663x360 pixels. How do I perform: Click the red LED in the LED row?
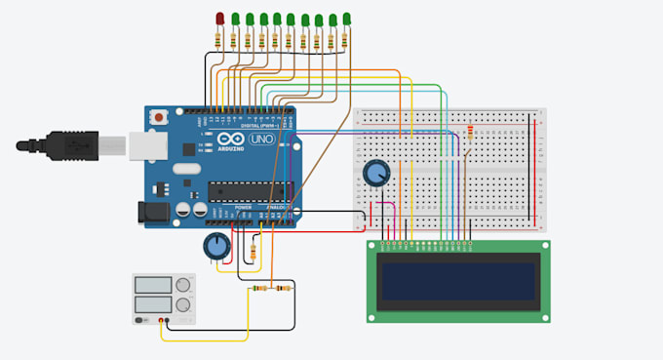point(220,19)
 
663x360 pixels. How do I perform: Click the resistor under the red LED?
point(220,39)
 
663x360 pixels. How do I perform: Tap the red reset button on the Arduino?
point(159,117)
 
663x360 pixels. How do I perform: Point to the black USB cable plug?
point(58,146)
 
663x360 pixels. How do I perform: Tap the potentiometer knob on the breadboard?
point(374,175)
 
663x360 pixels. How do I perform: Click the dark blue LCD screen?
point(456,280)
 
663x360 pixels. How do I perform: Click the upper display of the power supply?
point(153,286)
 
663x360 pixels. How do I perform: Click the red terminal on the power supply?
point(162,321)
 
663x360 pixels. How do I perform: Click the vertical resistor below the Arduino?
point(254,252)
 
